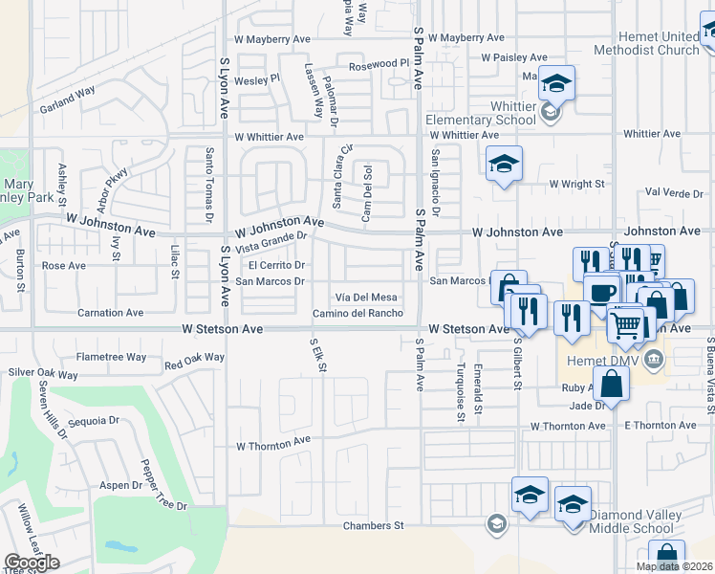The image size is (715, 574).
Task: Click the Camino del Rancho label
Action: (x=357, y=314)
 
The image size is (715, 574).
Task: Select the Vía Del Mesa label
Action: (x=365, y=298)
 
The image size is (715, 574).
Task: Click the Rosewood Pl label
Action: (x=379, y=65)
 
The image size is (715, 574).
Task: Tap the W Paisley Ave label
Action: (x=518, y=57)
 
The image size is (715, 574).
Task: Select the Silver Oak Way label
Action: (x=43, y=374)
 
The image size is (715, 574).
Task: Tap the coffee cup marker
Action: (x=602, y=291)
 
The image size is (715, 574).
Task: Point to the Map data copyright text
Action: (x=675, y=566)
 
